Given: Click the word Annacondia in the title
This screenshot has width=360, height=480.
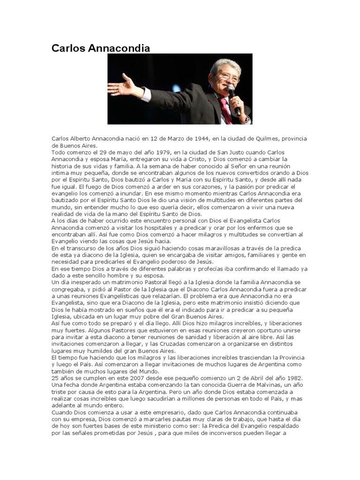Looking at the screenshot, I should pyautogui.click(x=123, y=48).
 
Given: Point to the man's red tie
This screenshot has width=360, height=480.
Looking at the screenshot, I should pyautogui.click(x=226, y=110).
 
